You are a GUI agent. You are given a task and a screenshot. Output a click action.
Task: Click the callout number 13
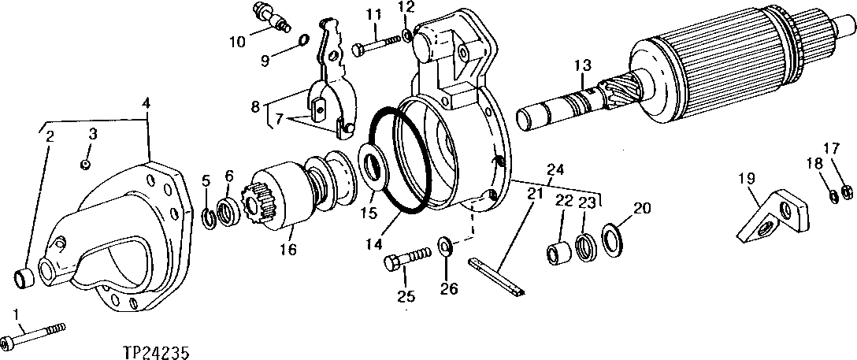(582, 65)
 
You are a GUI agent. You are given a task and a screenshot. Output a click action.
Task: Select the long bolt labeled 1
(35, 336)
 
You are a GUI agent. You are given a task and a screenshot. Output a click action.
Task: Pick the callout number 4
(147, 102)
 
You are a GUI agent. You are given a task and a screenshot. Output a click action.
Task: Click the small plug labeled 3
(85, 163)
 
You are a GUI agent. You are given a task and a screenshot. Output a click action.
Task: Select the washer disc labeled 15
(372, 167)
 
